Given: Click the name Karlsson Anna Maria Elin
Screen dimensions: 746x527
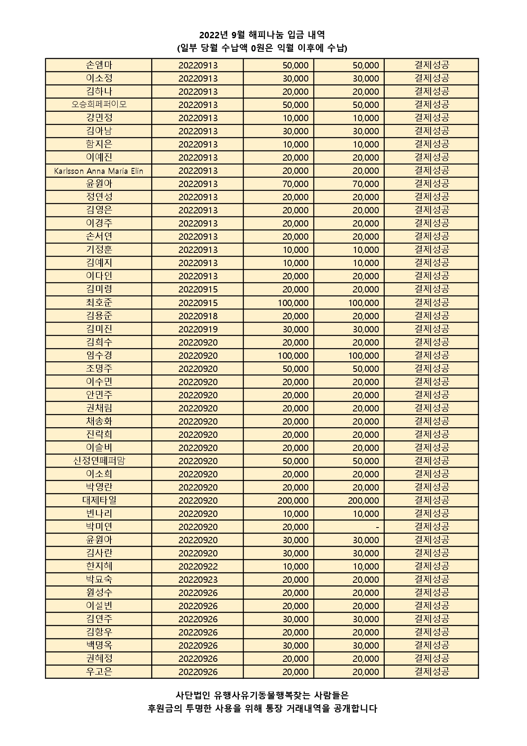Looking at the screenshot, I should (99, 171).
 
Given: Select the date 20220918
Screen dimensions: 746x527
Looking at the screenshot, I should (198, 316).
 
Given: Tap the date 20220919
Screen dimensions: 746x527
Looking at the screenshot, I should (198, 329).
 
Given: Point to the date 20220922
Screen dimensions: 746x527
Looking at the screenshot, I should (198, 566).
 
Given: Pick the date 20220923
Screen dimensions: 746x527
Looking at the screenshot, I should (198, 579).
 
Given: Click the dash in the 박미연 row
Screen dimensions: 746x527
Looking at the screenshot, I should (377, 527).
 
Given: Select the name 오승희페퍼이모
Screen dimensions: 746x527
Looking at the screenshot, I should (99, 105).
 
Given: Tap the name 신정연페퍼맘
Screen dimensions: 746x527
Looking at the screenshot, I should (99, 461).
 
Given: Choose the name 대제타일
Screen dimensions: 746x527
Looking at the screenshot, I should (99, 500).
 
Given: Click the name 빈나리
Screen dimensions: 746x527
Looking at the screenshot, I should (99, 513).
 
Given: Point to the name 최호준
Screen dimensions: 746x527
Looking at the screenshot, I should (99, 303).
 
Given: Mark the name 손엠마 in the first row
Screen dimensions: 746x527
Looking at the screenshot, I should (99, 65).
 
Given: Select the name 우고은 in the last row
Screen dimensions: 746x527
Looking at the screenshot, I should (99, 672).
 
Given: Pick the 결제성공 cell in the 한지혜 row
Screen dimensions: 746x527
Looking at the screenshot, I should (431, 566).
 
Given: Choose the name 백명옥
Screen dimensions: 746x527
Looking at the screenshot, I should (99, 645).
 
